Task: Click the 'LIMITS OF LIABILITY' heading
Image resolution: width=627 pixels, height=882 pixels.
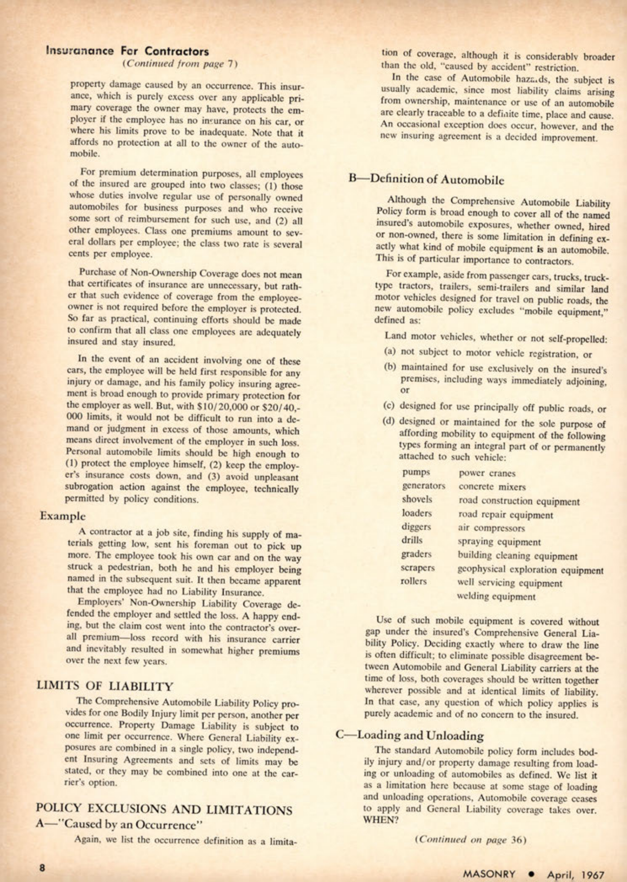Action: pyautogui.click(x=105, y=686)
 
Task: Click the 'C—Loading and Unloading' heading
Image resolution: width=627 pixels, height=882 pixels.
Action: pyautogui.click(x=410, y=736)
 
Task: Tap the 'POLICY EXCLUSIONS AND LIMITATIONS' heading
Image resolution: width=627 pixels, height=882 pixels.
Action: pyautogui.click(x=164, y=810)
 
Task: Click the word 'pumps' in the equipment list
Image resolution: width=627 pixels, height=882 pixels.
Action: pyautogui.click(x=416, y=472)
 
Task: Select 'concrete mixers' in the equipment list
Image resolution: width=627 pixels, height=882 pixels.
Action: pyautogui.click(x=492, y=487)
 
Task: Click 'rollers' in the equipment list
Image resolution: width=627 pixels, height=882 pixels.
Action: pyautogui.click(x=414, y=581)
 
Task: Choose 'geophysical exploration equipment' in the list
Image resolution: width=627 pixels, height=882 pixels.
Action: pyautogui.click(x=530, y=570)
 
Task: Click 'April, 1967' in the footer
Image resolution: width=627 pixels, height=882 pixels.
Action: pyautogui.click(x=575, y=875)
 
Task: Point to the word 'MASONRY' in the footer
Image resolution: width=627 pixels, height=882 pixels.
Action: pyautogui.click(x=489, y=874)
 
